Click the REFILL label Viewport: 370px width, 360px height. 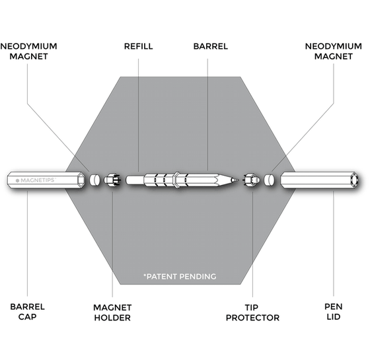(x=139, y=46)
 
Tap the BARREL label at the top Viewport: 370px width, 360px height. (x=211, y=46)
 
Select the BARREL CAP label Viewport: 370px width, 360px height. (x=27, y=312)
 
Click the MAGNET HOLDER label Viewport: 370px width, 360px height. (x=112, y=312)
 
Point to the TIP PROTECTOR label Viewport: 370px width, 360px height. (x=252, y=312)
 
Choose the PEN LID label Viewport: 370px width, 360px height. (x=334, y=312)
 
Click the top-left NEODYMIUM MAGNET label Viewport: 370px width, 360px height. (x=29, y=52)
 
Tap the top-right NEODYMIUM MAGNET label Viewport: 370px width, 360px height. (x=334, y=52)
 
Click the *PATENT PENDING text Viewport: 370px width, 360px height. (x=180, y=276)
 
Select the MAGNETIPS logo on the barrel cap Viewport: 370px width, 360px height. (x=36, y=180)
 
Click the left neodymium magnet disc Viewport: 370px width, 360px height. (x=95, y=180)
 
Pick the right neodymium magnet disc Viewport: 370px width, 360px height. (x=269, y=180)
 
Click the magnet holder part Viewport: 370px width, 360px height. (x=112, y=180)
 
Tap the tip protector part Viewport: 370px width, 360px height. (x=252, y=180)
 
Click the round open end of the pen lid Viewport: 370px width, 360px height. (x=355, y=180)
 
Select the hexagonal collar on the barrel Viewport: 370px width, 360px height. (x=176, y=180)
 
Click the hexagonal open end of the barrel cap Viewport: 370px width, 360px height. (x=81, y=180)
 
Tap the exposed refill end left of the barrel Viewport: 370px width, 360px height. (x=135, y=180)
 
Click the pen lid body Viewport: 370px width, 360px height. (x=319, y=180)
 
